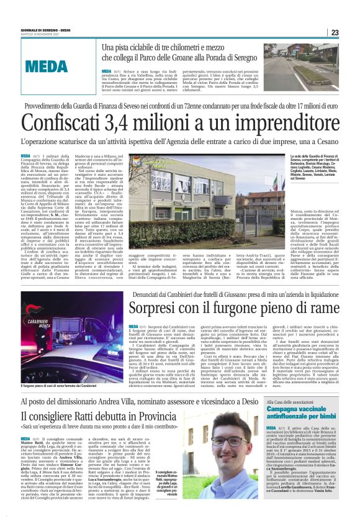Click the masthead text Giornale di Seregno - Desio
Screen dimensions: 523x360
point(43,29)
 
